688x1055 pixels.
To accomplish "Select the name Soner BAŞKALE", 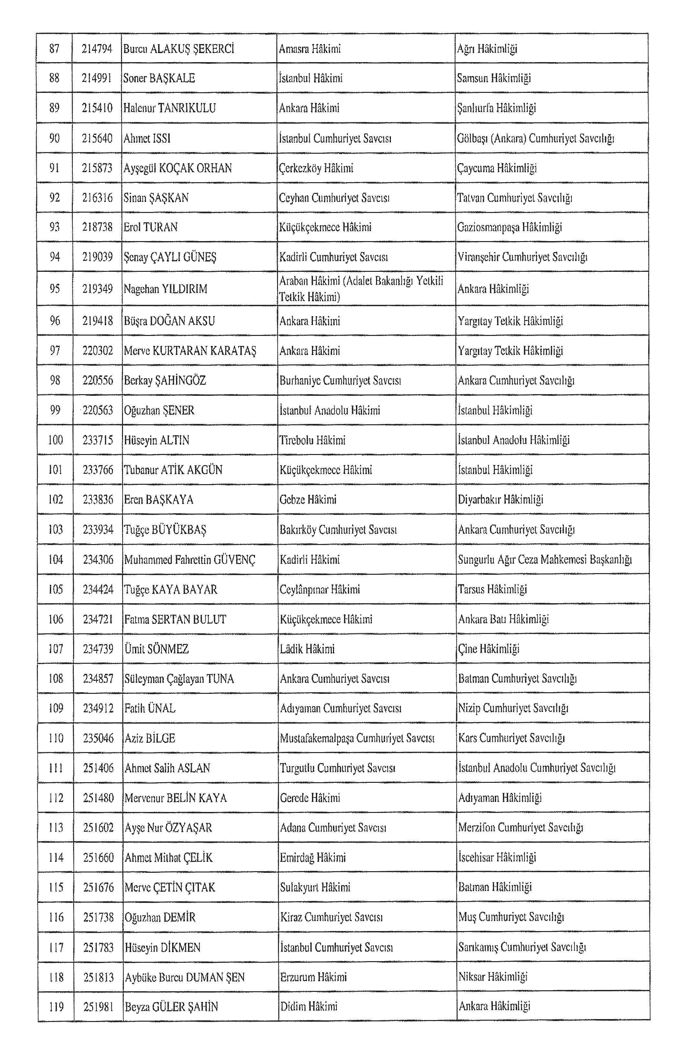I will (159, 78).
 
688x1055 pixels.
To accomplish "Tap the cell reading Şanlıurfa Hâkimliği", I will (496, 108).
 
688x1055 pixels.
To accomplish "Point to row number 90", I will (54, 138).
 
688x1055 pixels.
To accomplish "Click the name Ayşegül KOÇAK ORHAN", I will (177, 168).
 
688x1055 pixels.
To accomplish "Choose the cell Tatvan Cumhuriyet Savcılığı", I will (515, 198).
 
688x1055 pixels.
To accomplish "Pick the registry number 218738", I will (97, 228).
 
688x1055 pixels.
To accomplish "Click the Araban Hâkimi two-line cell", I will (361, 289).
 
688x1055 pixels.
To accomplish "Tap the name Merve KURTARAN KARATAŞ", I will (190, 351).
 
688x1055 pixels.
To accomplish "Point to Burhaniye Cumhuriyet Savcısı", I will (340, 381).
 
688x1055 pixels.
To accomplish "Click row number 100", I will (55, 440).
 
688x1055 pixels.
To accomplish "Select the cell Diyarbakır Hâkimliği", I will (501, 500).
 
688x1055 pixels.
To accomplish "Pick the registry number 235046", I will (98, 738).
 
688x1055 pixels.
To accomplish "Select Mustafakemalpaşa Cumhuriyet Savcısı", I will (357, 738).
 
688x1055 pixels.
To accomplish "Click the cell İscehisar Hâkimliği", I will (497, 857).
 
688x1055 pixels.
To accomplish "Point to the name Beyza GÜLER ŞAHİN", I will (171, 1007).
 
